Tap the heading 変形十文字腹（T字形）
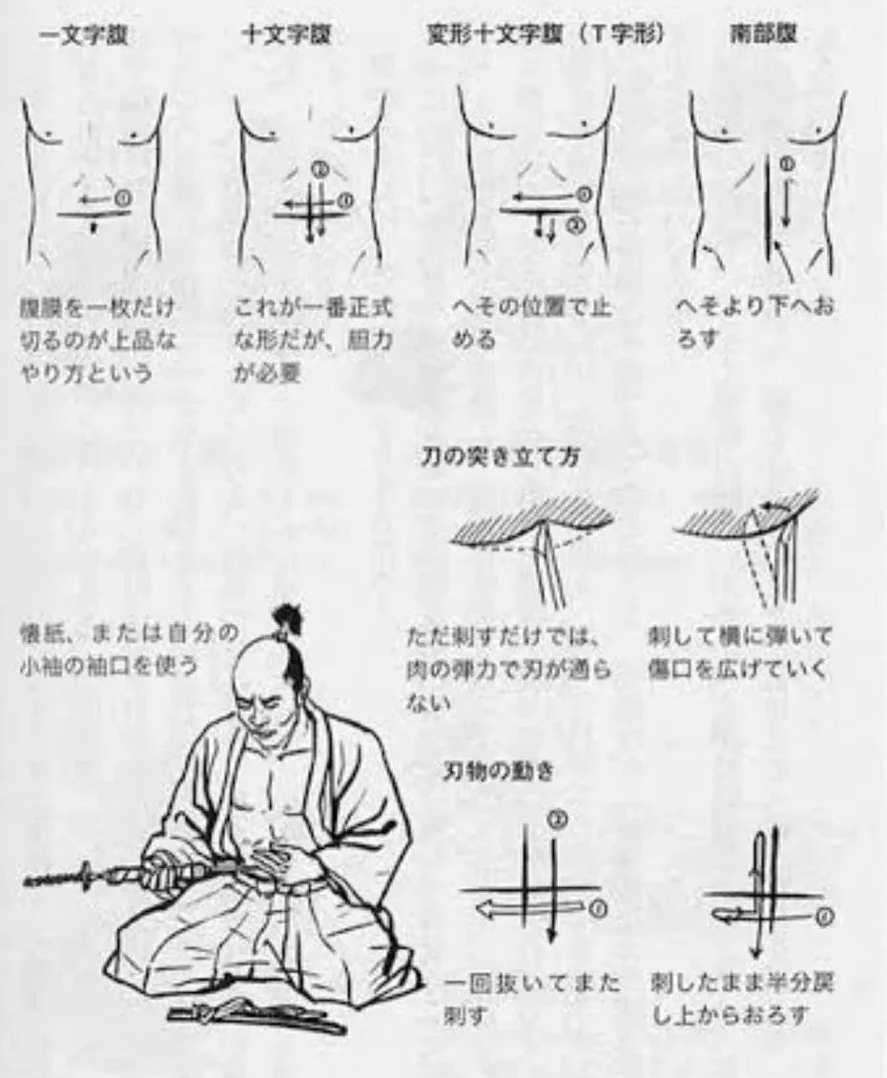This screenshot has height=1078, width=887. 546,35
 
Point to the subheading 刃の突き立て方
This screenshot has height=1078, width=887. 501,457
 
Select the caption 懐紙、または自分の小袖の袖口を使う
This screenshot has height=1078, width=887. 128,649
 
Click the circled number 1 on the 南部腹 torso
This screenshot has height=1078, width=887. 788,165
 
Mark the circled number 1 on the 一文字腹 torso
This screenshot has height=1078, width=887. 122,197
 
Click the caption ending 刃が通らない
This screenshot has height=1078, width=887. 501,669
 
